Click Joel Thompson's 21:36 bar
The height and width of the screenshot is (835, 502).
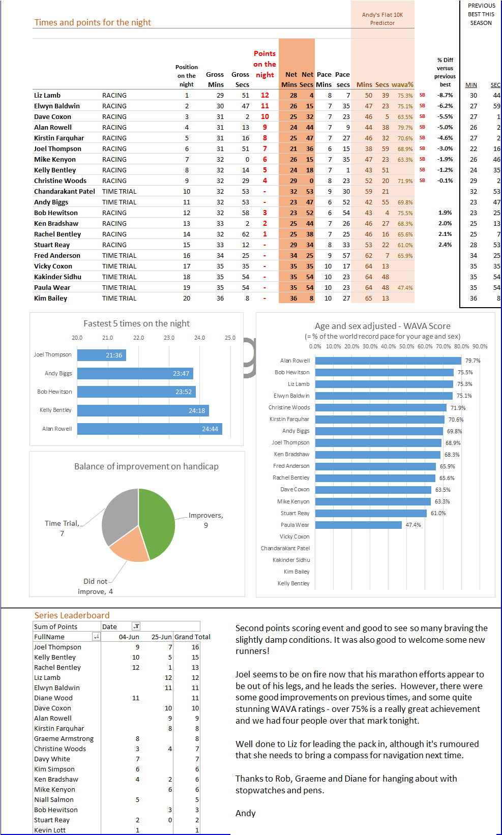[x=101, y=355]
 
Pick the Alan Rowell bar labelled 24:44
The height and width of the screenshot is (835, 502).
[x=150, y=429]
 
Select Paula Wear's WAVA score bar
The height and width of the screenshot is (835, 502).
[x=359, y=525]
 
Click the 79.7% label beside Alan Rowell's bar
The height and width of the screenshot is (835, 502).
[x=473, y=361]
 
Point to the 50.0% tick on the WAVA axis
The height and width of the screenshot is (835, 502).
[x=406, y=346]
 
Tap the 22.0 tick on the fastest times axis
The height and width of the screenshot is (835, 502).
[x=138, y=338]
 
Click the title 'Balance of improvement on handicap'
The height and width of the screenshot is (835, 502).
[x=146, y=466]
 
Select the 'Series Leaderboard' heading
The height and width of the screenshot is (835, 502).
[x=72, y=615]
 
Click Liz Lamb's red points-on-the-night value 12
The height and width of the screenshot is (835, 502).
[x=265, y=95]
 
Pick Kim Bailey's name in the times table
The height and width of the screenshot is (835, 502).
[x=51, y=298]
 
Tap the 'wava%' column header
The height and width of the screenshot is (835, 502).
[x=402, y=84]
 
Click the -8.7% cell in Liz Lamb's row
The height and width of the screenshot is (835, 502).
[x=445, y=95]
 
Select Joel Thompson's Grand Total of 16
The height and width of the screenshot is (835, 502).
[x=195, y=647]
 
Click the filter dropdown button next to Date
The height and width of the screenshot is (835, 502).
[x=136, y=627]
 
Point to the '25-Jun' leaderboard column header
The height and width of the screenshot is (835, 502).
[x=162, y=637]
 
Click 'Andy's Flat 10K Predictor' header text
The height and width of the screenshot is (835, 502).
[x=382, y=19]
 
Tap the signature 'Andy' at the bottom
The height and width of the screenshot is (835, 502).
[x=246, y=813]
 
